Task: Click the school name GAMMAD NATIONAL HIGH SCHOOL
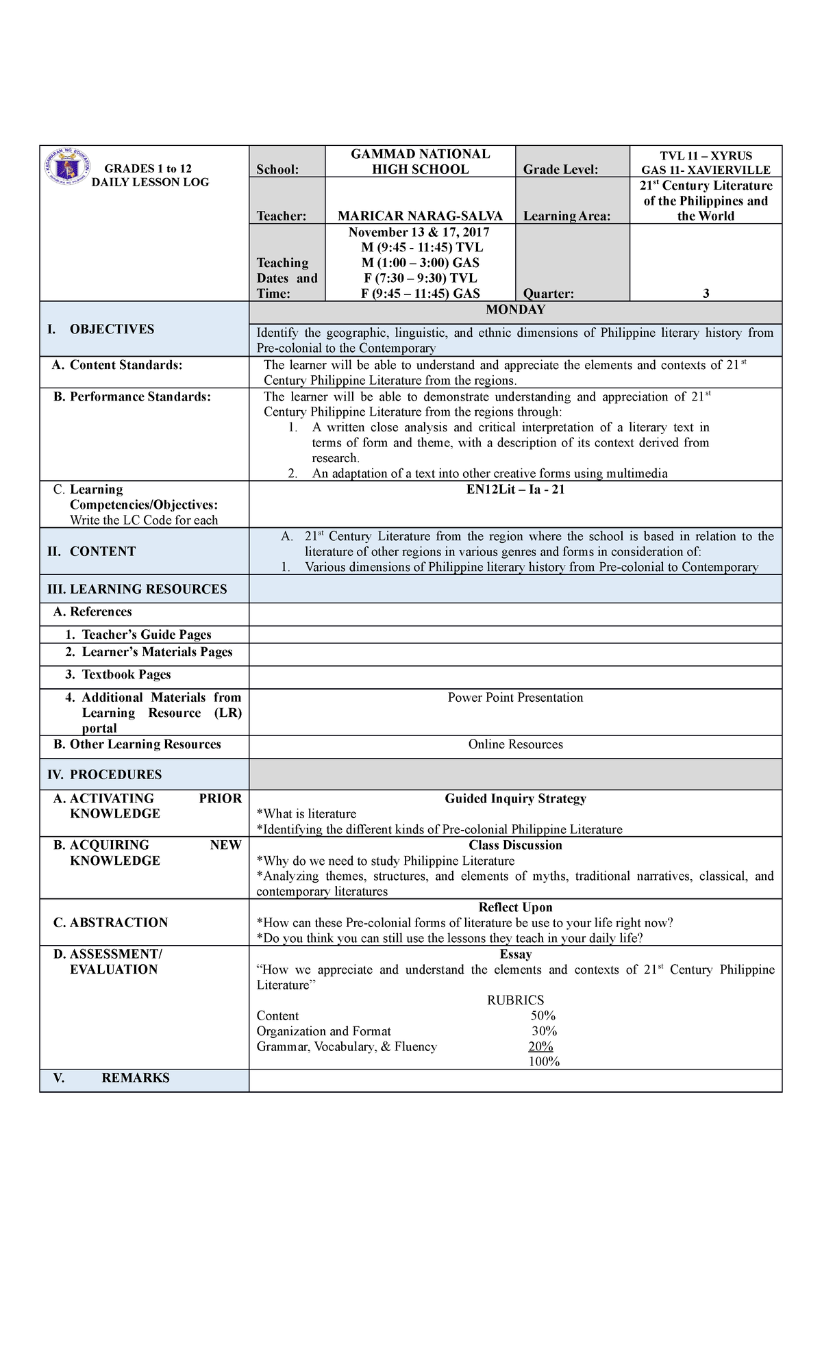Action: (420, 162)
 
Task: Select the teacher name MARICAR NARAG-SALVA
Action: (420, 216)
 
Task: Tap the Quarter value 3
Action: (706, 293)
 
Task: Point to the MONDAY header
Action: (515, 309)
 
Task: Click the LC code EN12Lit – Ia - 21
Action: (515, 490)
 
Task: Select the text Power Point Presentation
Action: (515, 697)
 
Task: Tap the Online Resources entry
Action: (515, 744)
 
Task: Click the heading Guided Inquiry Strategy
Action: (515, 798)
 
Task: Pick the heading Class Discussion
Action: (515, 845)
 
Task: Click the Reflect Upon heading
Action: (515, 907)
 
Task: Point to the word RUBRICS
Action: (515, 1000)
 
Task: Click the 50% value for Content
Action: (543, 1015)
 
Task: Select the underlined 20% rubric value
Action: (540, 1046)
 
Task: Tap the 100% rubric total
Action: (544, 1062)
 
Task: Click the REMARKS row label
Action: (135, 1078)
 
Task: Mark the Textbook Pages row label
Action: (126, 674)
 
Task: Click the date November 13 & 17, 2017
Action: (420, 232)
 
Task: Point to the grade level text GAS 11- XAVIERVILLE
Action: (706, 170)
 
